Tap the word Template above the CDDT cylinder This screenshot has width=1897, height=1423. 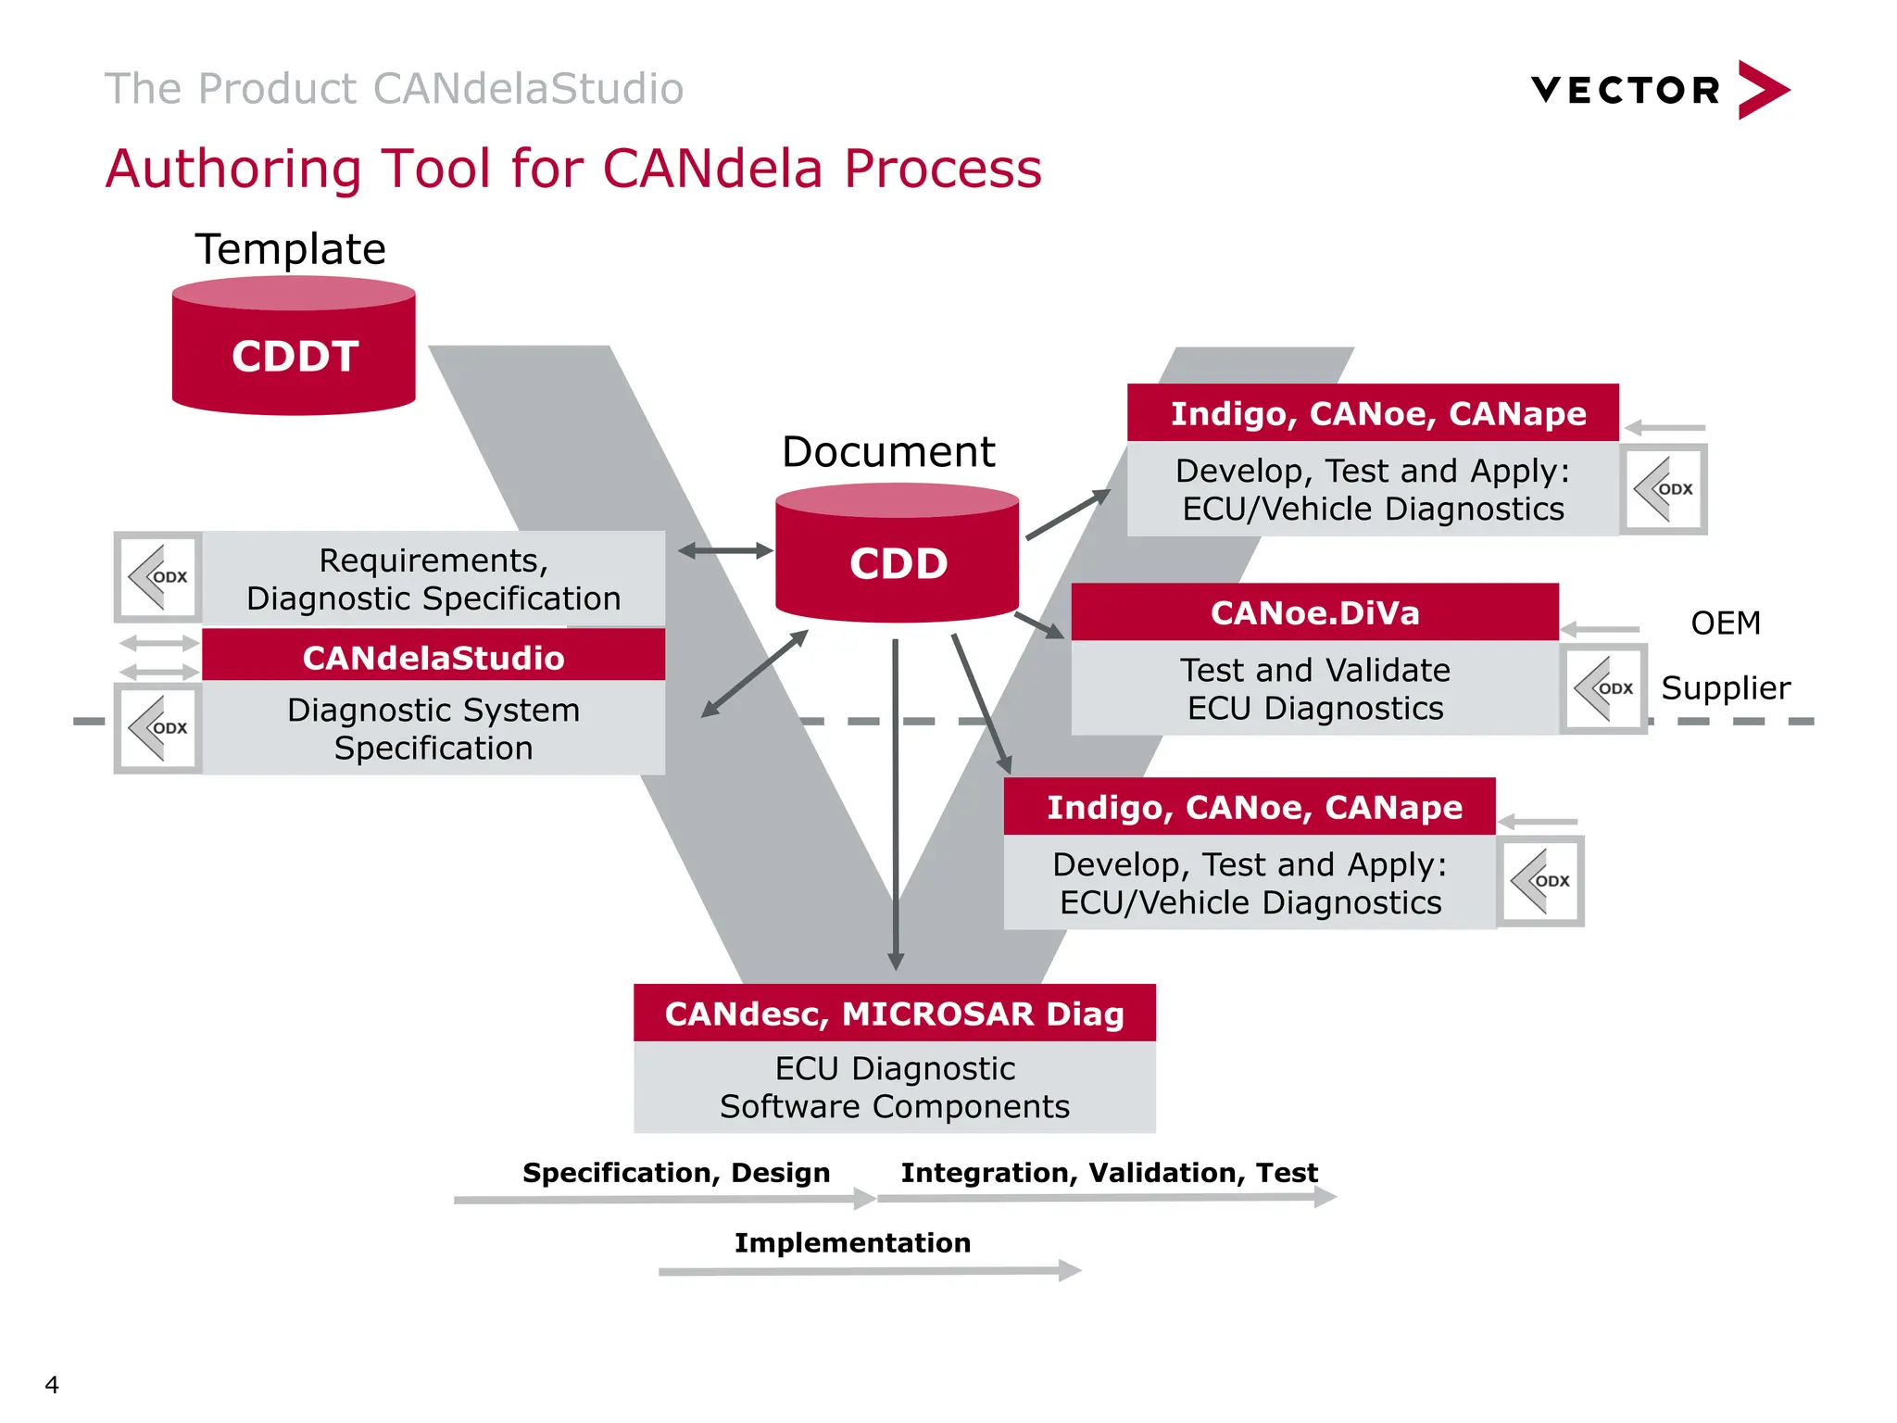click(x=290, y=249)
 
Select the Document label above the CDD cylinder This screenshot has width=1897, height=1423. click(x=887, y=452)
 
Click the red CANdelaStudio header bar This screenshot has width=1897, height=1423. click(x=433, y=657)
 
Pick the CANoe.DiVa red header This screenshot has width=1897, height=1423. click(x=1314, y=612)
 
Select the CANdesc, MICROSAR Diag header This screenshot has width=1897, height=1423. click(x=894, y=1013)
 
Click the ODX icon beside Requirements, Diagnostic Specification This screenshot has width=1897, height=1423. click(x=158, y=577)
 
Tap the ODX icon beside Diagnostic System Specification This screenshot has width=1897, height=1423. click(x=158, y=728)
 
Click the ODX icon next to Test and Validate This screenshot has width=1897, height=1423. click(x=1603, y=688)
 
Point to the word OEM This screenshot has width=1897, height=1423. click(x=1725, y=623)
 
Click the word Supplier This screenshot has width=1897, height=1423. click(x=1725, y=688)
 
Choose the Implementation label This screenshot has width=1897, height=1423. click(x=852, y=1242)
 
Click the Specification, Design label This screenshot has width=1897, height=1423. click(x=676, y=1172)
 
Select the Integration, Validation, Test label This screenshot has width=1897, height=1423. click(x=1109, y=1172)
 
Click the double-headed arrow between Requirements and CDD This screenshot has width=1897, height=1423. click(x=725, y=551)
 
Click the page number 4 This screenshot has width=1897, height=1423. click(x=52, y=1384)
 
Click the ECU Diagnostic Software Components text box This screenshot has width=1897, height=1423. click(x=894, y=1087)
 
